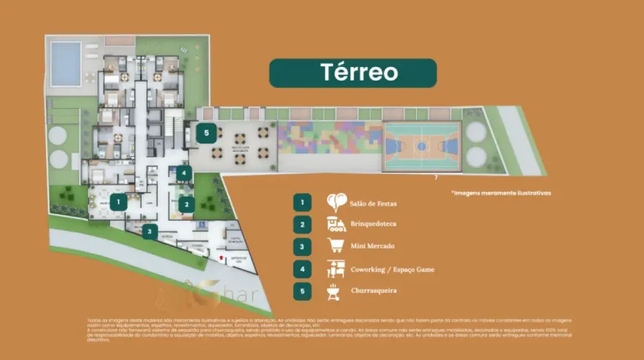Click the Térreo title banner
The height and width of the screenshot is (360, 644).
pyautogui.click(x=352, y=73)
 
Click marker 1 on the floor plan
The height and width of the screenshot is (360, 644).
pyautogui.click(x=120, y=201)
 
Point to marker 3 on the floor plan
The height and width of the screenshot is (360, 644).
pyautogui.click(x=150, y=231)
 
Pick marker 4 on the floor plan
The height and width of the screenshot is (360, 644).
pyautogui.click(x=185, y=175)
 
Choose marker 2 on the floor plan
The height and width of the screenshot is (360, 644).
pyautogui.click(x=185, y=203)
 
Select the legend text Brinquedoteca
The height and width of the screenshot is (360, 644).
pyautogui.click(x=374, y=225)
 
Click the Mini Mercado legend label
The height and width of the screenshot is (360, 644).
pyautogui.click(x=373, y=247)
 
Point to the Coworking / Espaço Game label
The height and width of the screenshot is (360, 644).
pyautogui.click(x=393, y=269)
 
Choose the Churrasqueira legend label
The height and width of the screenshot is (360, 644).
pyautogui.click(x=374, y=291)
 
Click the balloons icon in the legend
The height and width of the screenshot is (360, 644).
pyautogui.click(x=335, y=201)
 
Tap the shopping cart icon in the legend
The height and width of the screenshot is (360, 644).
pyautogui.click(x=335, y=247)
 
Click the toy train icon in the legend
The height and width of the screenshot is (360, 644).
pyautogui.click(x=335, y=224)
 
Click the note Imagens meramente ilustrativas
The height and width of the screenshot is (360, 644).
pyautogui.click(x=501, y=192)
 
